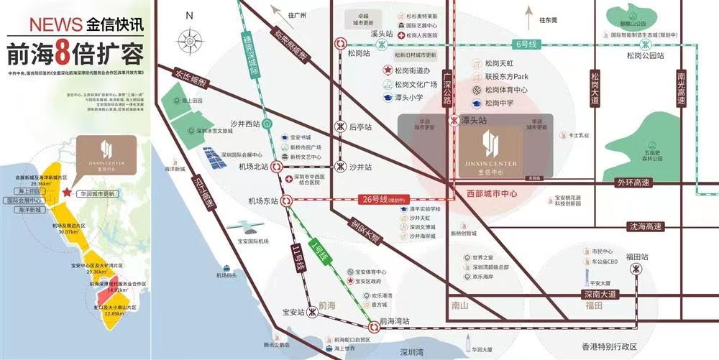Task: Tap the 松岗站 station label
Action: [x=356, y=53]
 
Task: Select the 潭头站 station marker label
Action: [x=474, y=121]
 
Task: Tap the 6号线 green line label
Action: [x=527, y=44]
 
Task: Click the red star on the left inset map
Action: [x=66, y=193]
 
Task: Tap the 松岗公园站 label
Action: [x=644, y=55]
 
